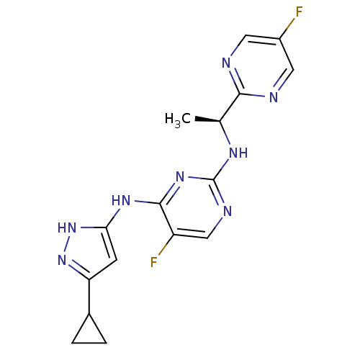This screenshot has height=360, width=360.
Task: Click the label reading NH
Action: (x=238, y=153)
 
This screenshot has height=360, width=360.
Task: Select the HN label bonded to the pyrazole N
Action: (x=67, y=228)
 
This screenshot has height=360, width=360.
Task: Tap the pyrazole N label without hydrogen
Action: (x=63, y=260)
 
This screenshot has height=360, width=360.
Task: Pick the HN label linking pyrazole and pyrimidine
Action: (x=121, y=201)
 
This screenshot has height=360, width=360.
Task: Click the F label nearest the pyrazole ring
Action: (x=153, y=263)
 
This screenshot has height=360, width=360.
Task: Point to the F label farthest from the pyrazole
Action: (x=299, y=12)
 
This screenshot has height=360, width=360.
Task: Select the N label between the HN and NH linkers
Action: (x=180, y=177)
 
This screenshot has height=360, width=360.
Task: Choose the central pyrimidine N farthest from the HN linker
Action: (x=227, y=211)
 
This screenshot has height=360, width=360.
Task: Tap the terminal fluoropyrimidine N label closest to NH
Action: (x=274, y=97)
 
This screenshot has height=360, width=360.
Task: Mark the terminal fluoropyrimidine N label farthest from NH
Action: (x=226, y=63)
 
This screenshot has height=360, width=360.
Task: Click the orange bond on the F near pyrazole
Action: (x=161, y=251)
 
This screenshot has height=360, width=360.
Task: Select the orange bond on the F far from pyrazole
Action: (x=292, y=22)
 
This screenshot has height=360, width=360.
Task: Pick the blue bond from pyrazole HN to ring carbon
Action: (x=86, y=227)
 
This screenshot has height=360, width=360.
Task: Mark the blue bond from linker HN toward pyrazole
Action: (x=115, y=212)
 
